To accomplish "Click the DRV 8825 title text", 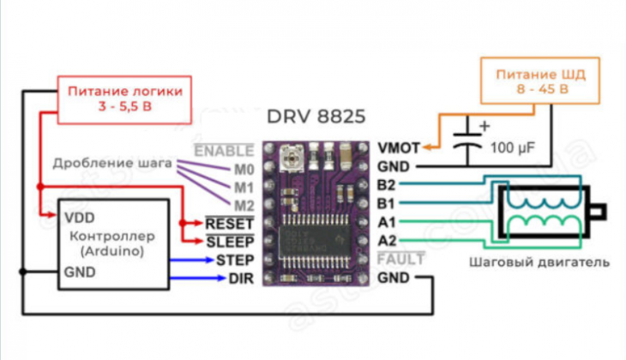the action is pos(316,117).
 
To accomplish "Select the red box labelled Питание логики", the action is pos(124,99).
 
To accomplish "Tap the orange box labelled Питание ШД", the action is pos(540,81).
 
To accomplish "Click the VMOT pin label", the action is pos(399,148).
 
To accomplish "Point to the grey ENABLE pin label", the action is pos(224,151).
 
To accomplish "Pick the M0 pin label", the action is pos(244,170).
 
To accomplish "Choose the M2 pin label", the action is pos(244,206).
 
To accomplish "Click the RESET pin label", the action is pos(230,224).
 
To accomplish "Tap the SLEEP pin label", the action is pos(231,242).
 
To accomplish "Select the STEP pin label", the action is pos(235,261).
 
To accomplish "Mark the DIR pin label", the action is pos(241,279).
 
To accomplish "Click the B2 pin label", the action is pos(386,185).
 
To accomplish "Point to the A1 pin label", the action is pos(387,222).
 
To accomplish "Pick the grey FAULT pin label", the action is pos(400,259).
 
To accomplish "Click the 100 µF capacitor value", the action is pos(512,148).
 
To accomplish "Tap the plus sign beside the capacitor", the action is pos(485,126).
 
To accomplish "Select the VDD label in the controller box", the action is pos(80,218).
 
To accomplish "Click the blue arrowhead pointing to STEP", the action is pos(209,261).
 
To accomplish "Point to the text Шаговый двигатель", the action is pos(539,262).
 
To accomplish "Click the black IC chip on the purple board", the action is pos(315,241).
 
